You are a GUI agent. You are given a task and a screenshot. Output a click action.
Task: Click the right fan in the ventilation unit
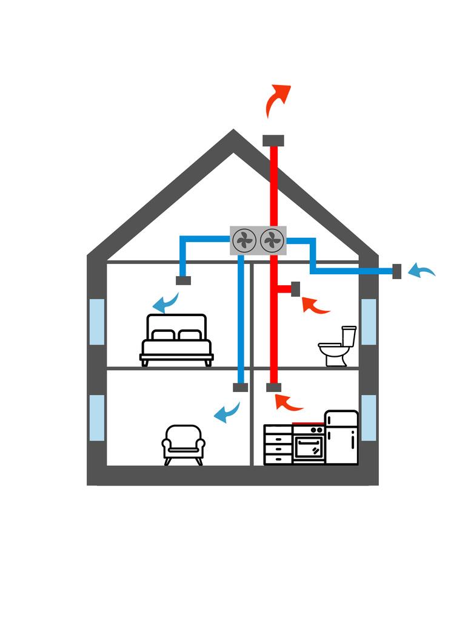point(272,240)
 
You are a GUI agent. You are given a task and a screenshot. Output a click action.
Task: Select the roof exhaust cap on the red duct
point(273,140)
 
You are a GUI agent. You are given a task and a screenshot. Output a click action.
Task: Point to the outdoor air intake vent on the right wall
point(397,271)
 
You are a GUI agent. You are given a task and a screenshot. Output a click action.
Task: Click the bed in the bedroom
point(176,340)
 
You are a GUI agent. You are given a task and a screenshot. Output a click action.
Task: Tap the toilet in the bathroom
point(337,347)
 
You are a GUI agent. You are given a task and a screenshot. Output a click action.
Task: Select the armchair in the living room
point(183,444)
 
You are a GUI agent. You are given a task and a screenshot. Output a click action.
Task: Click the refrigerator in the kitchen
point(341,438)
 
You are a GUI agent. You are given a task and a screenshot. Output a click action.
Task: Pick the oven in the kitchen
point(309,444)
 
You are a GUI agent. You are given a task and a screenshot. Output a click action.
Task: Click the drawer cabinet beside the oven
point(278,445)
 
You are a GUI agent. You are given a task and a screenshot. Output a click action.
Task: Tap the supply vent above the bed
point(183,280)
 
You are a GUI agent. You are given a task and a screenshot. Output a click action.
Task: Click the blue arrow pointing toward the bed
point(165,301)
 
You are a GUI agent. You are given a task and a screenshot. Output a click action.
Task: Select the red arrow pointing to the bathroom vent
point(315,305)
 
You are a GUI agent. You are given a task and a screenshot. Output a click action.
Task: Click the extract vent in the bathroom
point(296,289)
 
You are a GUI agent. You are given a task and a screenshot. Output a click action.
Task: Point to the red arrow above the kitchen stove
point(288,402)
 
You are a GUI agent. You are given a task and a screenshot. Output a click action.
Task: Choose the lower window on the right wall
point(369,418)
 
